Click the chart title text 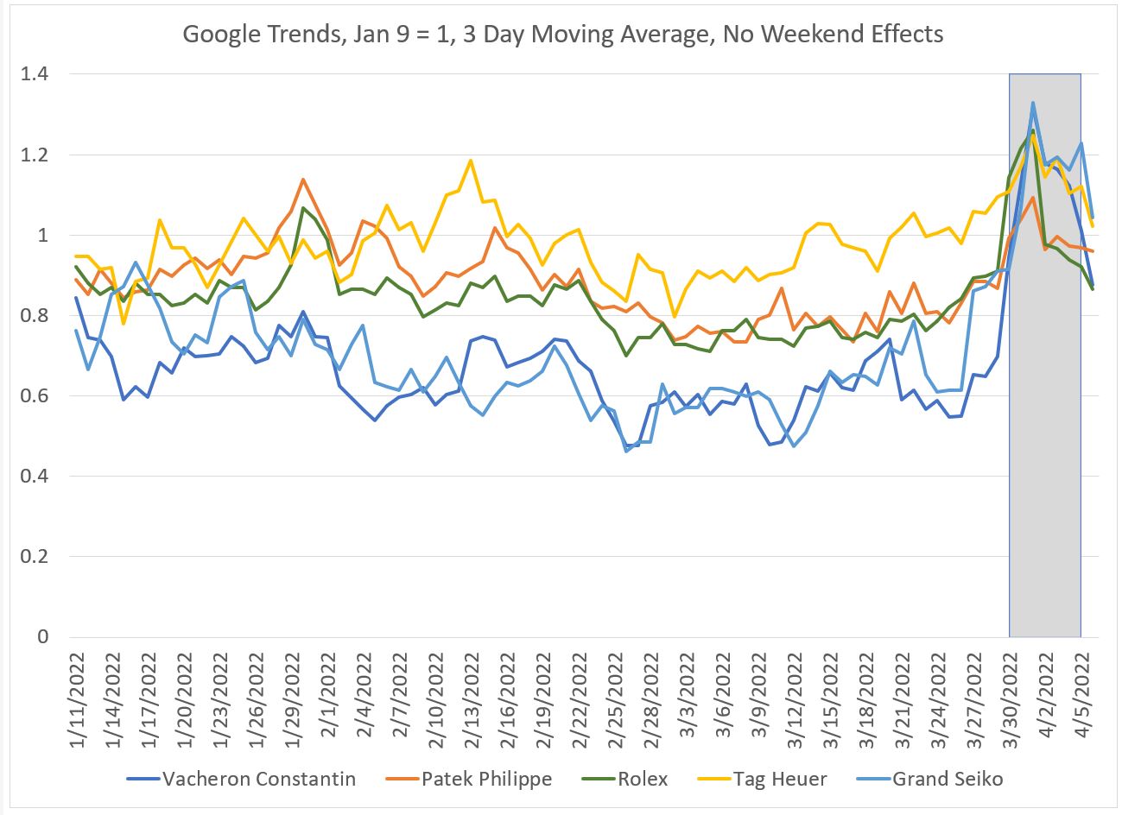click(x=562, y=35)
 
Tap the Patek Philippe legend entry click(x=486, y=779)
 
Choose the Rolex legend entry click(x=643, y=779)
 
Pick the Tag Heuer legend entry click(x=778, y=779)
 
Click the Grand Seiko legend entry click(x=948, y=779)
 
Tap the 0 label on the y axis click(x=42, y=637)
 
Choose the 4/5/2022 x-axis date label click(x=1081, y=698)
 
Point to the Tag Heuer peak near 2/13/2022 click(x=470, y=160)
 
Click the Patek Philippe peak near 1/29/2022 click(x=302, y=180)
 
